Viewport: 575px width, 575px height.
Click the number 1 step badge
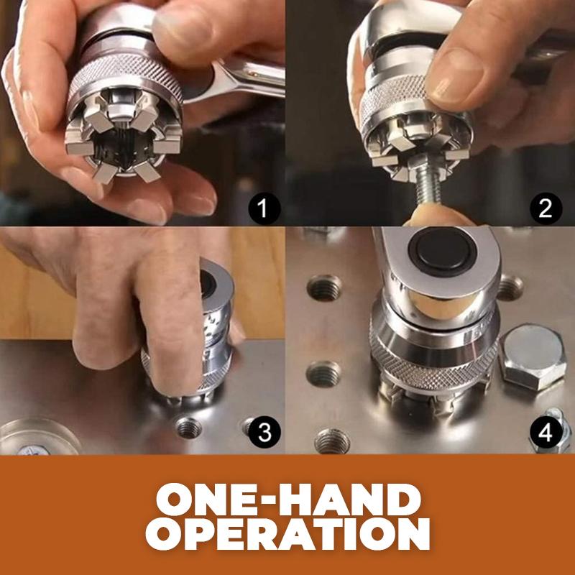pos(264,209)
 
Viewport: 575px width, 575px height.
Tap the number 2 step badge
pos(546,208)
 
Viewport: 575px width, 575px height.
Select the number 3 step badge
pos(264,432)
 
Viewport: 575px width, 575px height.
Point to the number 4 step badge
pos(546,433)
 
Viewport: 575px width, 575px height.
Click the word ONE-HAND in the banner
pos(288,500)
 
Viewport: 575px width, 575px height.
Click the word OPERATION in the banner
pos(288,534)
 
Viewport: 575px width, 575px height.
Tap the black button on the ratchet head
pos(443,252)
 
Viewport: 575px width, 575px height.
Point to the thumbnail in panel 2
pos(456,75)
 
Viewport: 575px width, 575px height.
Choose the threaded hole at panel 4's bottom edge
pos(332,441)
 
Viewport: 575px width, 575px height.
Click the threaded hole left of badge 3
pos(188,427)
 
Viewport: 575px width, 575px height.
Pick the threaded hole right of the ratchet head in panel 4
pos(510,287)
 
